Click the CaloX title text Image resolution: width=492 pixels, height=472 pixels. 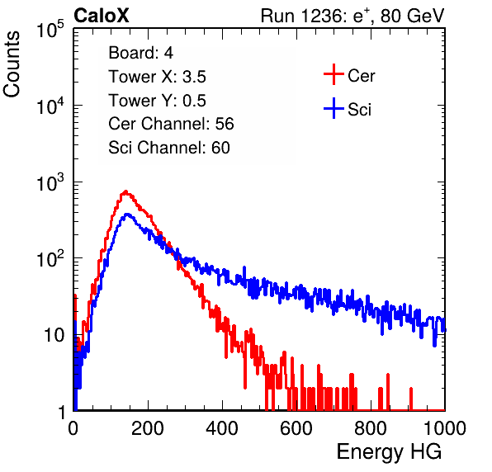[101, 16]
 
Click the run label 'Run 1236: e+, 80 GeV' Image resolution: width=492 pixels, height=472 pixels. [352, 16]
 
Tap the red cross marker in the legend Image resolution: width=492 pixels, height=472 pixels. [334, 74]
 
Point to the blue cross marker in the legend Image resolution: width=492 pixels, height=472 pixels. [334, 109]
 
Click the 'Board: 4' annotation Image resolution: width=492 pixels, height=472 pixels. [140, 53]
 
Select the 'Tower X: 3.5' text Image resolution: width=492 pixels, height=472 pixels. [157, 77]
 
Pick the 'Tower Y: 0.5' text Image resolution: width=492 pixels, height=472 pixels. [157, 101]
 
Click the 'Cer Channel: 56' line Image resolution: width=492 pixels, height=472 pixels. [171, 124]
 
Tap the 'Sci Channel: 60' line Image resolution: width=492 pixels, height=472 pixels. [169, 148]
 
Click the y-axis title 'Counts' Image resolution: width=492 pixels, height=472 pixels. [12, 64]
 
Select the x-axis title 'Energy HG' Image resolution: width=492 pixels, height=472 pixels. [389, 451]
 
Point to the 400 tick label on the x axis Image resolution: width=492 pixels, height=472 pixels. [222, 428]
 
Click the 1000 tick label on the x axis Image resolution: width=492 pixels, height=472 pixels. [445, 428]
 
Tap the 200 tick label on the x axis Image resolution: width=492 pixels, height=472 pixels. [148, 428]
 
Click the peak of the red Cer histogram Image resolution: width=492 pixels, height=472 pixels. [125, 191]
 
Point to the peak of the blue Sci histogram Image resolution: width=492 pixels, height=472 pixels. [127, 215]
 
